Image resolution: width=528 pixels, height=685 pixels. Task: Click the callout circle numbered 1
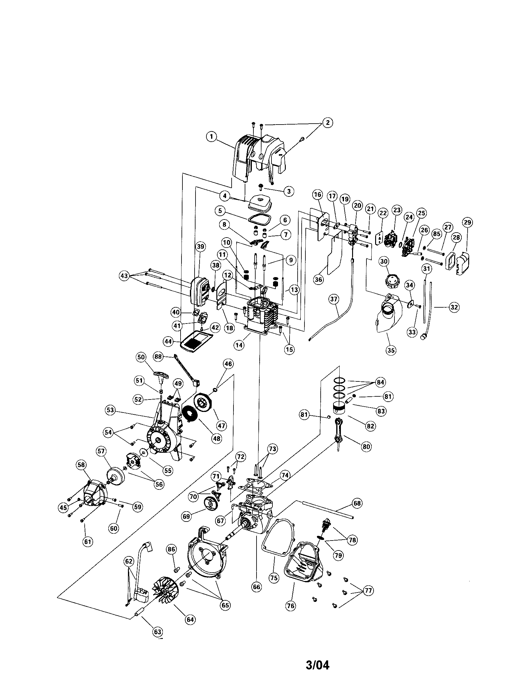point(212,136)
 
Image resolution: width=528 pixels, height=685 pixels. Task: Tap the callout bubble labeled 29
point(467,222)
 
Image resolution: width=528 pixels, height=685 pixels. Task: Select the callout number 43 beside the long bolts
point(125,276)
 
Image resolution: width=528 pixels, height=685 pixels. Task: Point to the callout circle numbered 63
point(157,632)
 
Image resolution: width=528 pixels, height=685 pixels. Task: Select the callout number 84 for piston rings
point(380,382)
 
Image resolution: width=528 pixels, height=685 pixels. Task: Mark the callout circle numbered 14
point(239,345)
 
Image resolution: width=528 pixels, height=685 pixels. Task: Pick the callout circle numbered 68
point(357,503)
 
